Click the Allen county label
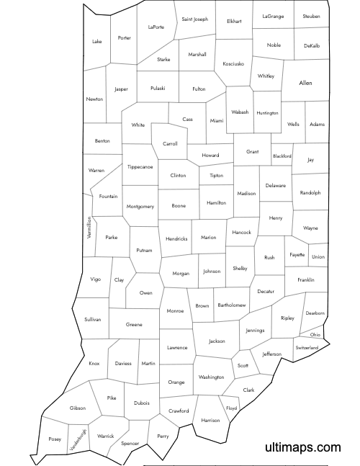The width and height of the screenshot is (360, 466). coord(305,84)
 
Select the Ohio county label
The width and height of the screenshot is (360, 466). coord(315,335)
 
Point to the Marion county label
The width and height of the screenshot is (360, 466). coord(209,238)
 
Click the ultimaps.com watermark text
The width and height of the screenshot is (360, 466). coord(303,447)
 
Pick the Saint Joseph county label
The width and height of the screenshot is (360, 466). coord(194,19)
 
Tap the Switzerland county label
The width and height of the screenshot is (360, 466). coord(307,348)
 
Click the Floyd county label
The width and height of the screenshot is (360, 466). coord(231,408)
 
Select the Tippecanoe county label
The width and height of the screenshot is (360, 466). coord(140,167)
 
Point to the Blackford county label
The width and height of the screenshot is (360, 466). coord(282,156)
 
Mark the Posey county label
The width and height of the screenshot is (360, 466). coord(55,439)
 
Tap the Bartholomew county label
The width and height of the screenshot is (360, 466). coord(232,305)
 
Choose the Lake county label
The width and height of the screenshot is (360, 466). coord(97,41)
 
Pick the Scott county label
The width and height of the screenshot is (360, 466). coord(243,366)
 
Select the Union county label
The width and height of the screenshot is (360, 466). coord(318,257)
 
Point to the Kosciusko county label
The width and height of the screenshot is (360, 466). coord(233,63)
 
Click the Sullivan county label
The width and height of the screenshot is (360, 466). coord(92,318)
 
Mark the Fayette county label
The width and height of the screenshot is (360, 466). coord(297,254)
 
